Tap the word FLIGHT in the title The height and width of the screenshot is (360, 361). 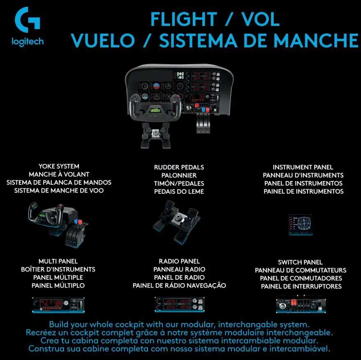click(x=183, y=19)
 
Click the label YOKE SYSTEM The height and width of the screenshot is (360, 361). click(x=59, y=166)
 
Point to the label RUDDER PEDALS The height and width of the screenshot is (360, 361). click(x=179, y=167)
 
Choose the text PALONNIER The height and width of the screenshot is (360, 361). click(x=179, y=175)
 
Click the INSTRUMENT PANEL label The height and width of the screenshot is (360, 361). click(x=303, y=167)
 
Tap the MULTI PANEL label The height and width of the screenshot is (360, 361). click(x=58, y=261)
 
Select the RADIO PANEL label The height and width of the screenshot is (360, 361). click(x=179, y=261)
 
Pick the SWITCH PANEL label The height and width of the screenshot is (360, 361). click(x=300, y=262)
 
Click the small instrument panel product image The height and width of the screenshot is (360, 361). click(x=300, y=224)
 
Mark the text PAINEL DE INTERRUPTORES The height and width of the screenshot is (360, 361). click(x=301, y=286)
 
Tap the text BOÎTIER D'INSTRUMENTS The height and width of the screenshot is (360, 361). click(x=58, y=269)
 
